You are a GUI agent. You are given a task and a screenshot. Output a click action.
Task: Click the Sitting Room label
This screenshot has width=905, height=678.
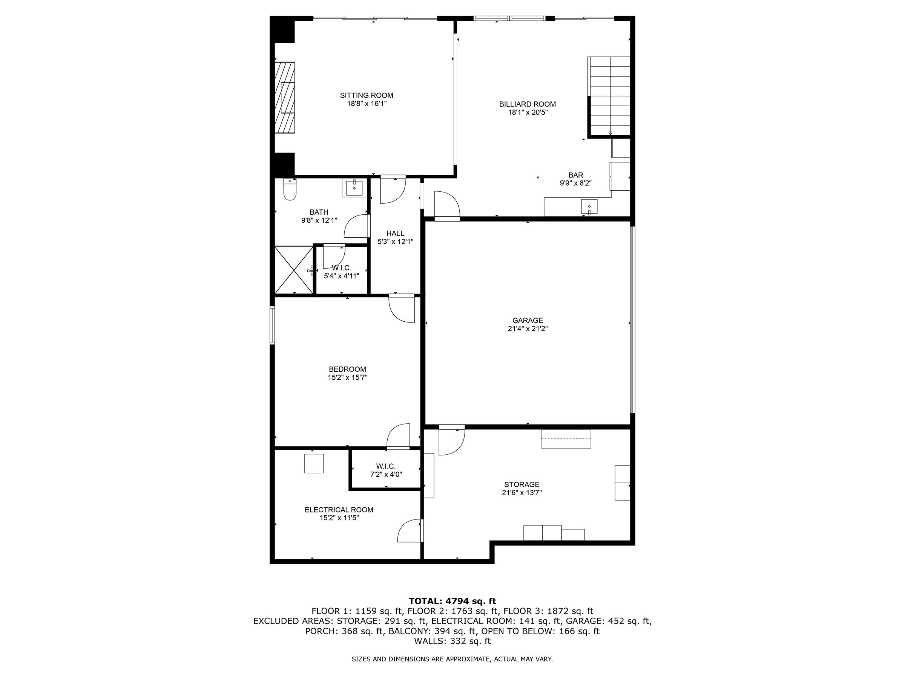coord(366,95)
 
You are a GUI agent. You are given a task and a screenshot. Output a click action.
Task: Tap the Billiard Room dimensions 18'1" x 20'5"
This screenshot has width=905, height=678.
coord(528,112)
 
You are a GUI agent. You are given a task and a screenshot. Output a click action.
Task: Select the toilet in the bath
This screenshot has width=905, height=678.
coord(290,191)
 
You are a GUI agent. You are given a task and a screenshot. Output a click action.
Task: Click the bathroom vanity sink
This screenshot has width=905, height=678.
coord(354,188)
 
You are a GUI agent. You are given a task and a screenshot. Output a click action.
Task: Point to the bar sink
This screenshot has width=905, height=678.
coord(589,207)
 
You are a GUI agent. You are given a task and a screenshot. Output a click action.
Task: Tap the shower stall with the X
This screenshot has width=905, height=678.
coord(294,270)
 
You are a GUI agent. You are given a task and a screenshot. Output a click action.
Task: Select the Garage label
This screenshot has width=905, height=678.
coord(528,321)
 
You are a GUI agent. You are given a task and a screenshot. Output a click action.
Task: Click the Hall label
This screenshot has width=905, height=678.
coord(395,234)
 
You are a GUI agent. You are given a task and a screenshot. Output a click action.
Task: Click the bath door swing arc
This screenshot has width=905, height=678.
coord(355,226)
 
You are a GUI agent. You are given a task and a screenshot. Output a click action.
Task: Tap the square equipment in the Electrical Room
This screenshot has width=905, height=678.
coord(314,463)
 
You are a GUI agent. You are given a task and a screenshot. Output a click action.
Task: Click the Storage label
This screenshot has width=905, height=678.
coord(522,484)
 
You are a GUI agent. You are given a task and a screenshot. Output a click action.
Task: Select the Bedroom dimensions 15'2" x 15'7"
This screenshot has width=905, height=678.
coord(347,378)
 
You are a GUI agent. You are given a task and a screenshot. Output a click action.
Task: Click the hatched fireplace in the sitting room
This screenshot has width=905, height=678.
coord(285,97)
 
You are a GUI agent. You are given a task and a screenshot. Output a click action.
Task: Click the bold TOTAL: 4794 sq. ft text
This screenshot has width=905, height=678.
coord(452,601)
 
